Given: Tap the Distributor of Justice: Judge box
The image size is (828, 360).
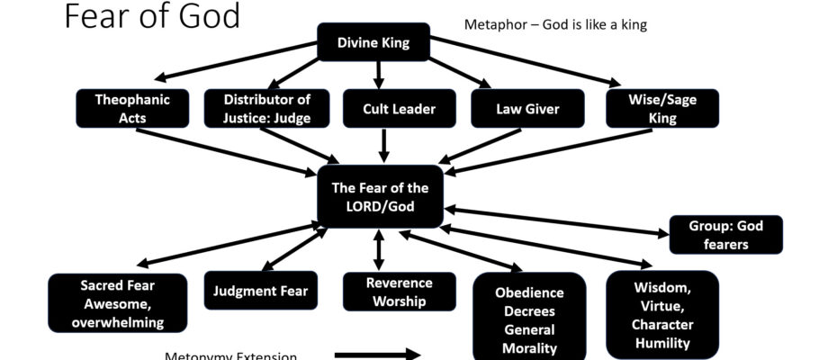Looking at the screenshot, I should (266, 108).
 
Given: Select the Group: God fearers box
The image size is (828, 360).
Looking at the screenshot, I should (725, 234).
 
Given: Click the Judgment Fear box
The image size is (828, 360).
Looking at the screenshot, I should (261, 291).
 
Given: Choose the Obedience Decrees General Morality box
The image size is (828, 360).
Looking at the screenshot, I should (529, 319).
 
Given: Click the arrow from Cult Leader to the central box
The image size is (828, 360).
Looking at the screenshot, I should (385, 145).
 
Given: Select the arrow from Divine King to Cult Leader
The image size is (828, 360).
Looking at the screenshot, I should (379, 74).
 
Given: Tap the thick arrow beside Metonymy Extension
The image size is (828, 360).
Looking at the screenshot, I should (377, 355).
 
